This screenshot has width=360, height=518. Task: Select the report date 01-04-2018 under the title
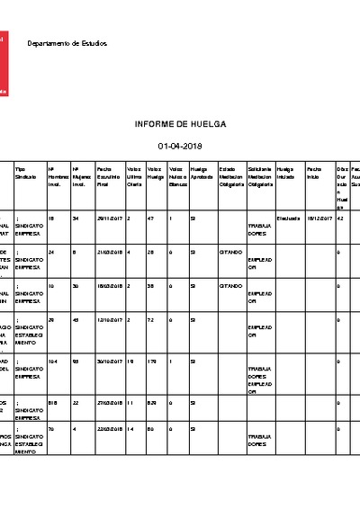pos(180,146)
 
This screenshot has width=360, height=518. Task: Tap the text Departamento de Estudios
pos(67,44)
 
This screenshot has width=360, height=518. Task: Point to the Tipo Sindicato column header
pos(27,173)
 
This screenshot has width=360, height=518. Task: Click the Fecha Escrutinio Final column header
pos(107,176)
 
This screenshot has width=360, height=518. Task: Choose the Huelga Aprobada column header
pos(200,173)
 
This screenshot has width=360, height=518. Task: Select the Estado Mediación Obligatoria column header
pos(229,176)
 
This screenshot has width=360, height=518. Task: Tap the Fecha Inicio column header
pos(313,173)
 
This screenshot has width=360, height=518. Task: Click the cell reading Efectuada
pos(289,218)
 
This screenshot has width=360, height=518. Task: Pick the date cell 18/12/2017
pos(319,218)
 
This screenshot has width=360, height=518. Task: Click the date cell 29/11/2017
pos(109,218)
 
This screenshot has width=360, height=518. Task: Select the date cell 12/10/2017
pos(109,318)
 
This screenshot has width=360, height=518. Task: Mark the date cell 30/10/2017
pos(109,361)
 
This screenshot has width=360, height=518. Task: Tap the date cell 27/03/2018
pos(109,404)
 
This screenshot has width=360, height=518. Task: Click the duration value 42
pos(339,218)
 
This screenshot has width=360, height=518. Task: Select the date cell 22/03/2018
pos(109,429)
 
